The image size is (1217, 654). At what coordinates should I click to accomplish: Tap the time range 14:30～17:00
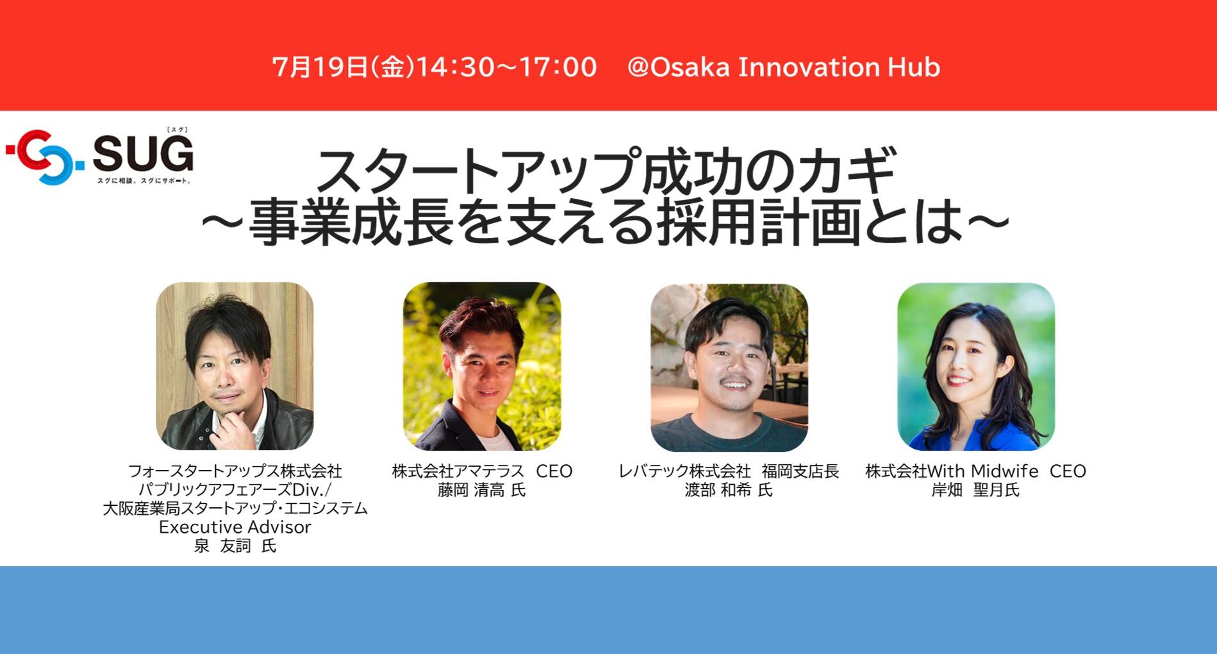(x=507, y=67)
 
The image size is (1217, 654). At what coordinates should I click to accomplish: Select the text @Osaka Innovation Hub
(x=783, y=67)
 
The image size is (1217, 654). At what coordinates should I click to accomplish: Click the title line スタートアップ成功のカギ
(x=606, y=171)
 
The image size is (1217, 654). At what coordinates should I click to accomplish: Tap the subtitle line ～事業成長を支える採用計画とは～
(x=606, y=222)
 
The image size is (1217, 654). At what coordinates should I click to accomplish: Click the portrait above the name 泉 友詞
(x=235, y=366)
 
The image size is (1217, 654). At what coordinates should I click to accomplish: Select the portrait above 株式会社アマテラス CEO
(x=482, y=366)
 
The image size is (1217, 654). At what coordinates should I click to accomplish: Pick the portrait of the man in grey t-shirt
(x=729, y=367)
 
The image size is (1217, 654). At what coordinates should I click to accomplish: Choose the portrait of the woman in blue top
(x=976, y=367)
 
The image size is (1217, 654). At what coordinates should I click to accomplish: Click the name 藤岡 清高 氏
(x=482, y=491)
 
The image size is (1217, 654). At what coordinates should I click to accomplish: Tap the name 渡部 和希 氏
(x=729, y=491)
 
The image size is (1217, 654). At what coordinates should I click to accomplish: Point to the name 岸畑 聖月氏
(x=975, y=491)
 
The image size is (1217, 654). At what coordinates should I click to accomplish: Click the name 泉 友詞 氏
(x=235, y=546)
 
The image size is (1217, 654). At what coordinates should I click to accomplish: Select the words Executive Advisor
(x=235, y=527)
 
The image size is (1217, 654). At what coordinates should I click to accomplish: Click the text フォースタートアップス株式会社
(x=235, y=471)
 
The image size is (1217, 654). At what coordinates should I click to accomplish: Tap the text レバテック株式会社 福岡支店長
(x=729, y=471)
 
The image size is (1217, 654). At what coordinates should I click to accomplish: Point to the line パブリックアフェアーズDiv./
(x=235, y=490)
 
